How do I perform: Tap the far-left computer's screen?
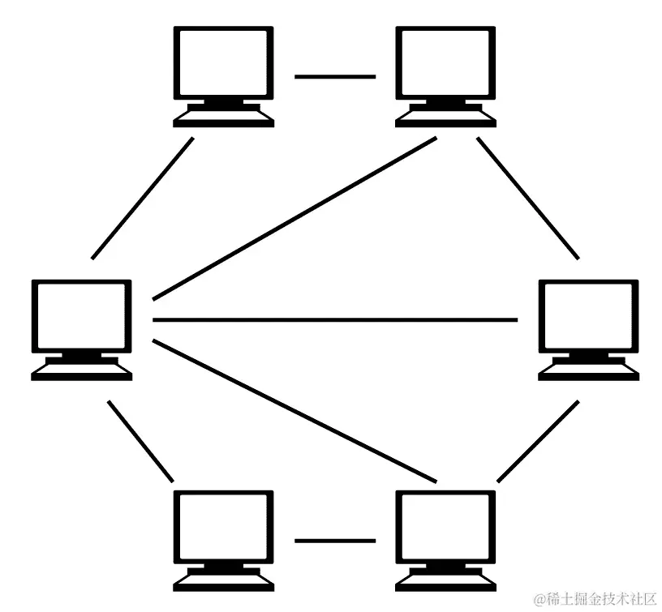[81, 316]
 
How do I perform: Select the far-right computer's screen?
[589, 316]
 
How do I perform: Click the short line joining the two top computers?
[334, 77]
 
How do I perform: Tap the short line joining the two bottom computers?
[334, 540]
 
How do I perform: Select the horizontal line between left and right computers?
[334, 320]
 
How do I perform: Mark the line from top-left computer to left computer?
[143, 199]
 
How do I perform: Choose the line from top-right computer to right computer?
[528, 199]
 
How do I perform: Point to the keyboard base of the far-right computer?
[589, 371]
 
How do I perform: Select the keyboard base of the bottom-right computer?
[445, 582]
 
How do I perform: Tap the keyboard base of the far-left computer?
[81, 371]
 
